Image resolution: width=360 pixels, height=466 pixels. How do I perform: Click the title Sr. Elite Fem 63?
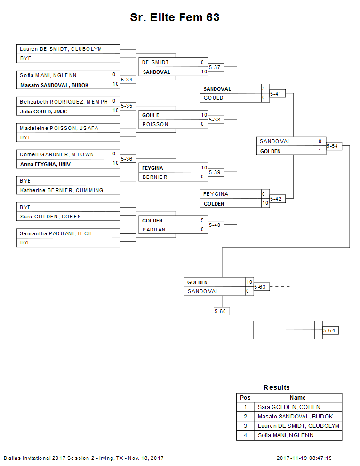click(175, 18)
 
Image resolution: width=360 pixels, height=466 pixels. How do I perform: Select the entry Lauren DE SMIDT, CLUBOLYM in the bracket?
click(60, 49)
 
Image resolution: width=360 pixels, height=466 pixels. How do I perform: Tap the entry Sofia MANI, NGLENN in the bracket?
click(48, 75)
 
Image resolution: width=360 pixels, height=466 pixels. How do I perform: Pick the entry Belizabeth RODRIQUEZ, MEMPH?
click(64, 102)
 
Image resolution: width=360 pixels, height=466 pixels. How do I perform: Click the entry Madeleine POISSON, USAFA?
click(59, 128)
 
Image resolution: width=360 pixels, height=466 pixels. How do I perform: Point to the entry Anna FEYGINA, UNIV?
click(48, 164)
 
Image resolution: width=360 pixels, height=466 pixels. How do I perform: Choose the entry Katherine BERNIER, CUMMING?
click(61, 190)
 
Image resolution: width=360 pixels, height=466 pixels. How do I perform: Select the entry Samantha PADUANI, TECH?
click(56, 233)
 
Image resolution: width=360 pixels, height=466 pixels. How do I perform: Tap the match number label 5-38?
click(216, 120)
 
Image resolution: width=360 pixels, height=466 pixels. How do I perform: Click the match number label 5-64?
click(330, 331)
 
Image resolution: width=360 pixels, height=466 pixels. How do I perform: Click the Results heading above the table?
click(277, 387)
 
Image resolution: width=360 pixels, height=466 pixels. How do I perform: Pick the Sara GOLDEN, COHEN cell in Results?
click(289, 407)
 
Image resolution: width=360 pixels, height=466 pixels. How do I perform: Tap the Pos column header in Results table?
click(245, 398)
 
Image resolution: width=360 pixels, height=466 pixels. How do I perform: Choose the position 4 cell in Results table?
click(245, 435)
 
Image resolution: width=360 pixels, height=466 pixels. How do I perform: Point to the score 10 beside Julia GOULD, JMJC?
click(116, 111)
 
